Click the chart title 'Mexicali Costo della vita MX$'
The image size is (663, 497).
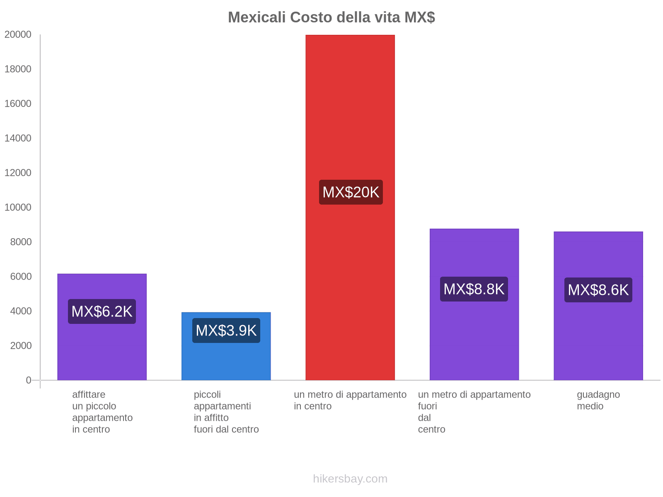(x=331, y=17)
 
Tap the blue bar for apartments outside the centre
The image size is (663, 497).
(x=226, y=360)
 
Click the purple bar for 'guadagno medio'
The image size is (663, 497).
(x=598, y=340)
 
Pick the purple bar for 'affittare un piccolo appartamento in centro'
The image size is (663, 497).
(x=102, y=352)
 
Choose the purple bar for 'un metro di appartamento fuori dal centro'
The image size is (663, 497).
(x=474, y=340)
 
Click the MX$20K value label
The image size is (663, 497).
(x=351, y=192)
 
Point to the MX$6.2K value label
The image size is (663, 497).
(x=102, y=311)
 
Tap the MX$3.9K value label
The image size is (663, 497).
(x=226, y=331)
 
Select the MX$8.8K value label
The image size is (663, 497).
(x=474, y=289)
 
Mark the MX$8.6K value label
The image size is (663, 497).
(x=598, y=290)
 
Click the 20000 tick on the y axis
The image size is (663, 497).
(x=18, y=34)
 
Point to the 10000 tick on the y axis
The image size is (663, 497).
(x=18, y=207)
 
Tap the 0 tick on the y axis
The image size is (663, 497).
(x=28, y=380)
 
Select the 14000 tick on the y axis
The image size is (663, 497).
(x=18, y=138)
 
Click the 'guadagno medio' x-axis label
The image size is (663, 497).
(x=598, y=400)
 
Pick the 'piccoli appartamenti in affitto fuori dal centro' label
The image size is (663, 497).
(x=226, y=412)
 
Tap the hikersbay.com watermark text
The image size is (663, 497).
(x=350, y=479)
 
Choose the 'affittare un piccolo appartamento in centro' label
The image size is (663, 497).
(x=102, y=412)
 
